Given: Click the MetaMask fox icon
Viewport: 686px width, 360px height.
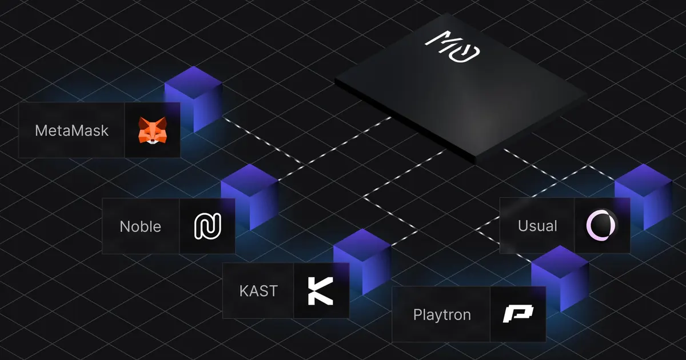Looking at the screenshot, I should coord(152,130).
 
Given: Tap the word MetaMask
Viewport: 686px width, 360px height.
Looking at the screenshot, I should coord(71,130).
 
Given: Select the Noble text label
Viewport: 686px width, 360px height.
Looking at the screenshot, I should coord(140,226).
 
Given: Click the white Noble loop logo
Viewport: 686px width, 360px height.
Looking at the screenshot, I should coord(207,226).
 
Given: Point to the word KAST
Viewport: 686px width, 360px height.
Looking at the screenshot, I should coord(258,290).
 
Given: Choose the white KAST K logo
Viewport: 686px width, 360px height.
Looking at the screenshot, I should coord(320,290).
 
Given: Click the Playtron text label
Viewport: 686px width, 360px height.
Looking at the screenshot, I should coord(442,314).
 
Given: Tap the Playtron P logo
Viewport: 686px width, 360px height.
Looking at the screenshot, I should coord(517,314).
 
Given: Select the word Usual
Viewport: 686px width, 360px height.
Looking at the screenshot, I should coord(537,226).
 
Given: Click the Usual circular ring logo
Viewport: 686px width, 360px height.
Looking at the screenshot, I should coord(601,226).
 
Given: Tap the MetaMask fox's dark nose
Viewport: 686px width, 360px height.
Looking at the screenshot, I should coord(152,139).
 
